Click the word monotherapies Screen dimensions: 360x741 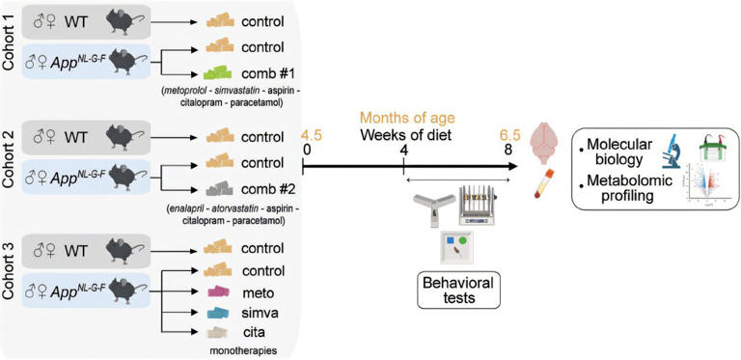[236, 351]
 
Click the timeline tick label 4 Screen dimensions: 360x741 [403, 152]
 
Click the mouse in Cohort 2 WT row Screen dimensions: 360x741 [127, 137]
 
